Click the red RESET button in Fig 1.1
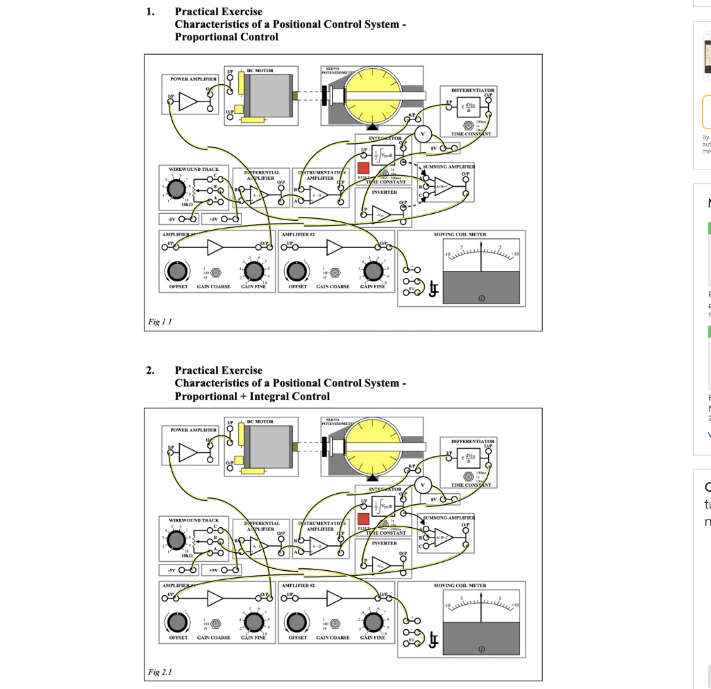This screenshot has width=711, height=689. click(x=363, y=167)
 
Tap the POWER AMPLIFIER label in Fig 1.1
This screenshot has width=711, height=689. click(x=189, y=79)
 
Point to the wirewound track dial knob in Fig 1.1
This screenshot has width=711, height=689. click(x=176, y=190)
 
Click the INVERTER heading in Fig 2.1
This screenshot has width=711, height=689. click(x=384, y=543)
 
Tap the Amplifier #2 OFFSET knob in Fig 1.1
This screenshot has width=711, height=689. click(x=296, y=270)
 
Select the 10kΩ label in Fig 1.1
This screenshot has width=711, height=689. click(x=187, y=205)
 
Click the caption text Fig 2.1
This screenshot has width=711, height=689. click(x=160, y=672)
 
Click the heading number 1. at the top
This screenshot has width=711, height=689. click(x=150, y=11)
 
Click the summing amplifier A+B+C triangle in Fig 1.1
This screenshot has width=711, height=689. click(x=442, y=185)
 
